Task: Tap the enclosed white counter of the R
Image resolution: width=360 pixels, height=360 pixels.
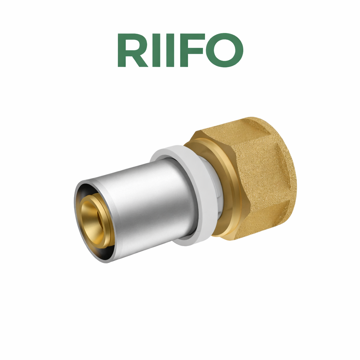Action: tap(131, 45)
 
